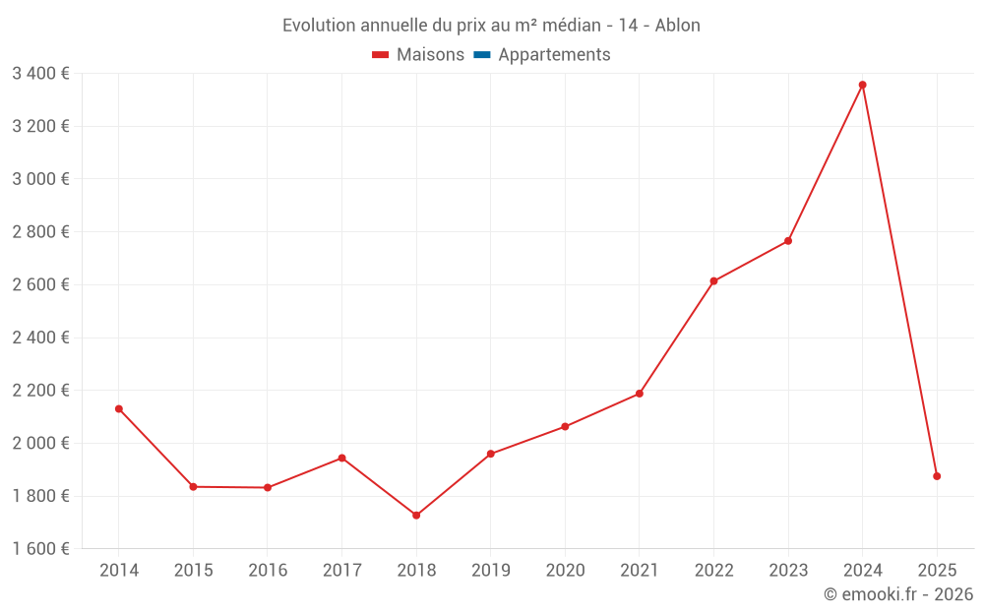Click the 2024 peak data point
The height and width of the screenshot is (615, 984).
863,85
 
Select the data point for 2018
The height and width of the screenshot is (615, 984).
416,516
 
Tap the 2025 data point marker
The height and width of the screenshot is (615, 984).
937,476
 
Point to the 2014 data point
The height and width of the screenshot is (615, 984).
119,408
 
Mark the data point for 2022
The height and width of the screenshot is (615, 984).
713,281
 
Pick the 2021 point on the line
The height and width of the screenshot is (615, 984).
640,394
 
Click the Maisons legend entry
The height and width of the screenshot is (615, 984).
430,55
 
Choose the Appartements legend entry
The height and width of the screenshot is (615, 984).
554,55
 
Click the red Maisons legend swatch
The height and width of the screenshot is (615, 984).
381,55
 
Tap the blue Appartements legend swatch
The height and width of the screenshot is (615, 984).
482,55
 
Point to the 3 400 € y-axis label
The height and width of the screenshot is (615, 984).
40,74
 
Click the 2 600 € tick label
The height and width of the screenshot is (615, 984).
40,284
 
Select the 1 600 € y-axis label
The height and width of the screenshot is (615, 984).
40,549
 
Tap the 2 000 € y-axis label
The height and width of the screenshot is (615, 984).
40,443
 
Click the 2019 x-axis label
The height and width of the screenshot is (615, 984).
491,571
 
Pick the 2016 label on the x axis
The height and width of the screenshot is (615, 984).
268,571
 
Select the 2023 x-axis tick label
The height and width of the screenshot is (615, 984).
788,571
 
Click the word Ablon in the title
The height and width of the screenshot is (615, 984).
678,26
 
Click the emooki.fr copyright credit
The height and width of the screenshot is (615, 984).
898,594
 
